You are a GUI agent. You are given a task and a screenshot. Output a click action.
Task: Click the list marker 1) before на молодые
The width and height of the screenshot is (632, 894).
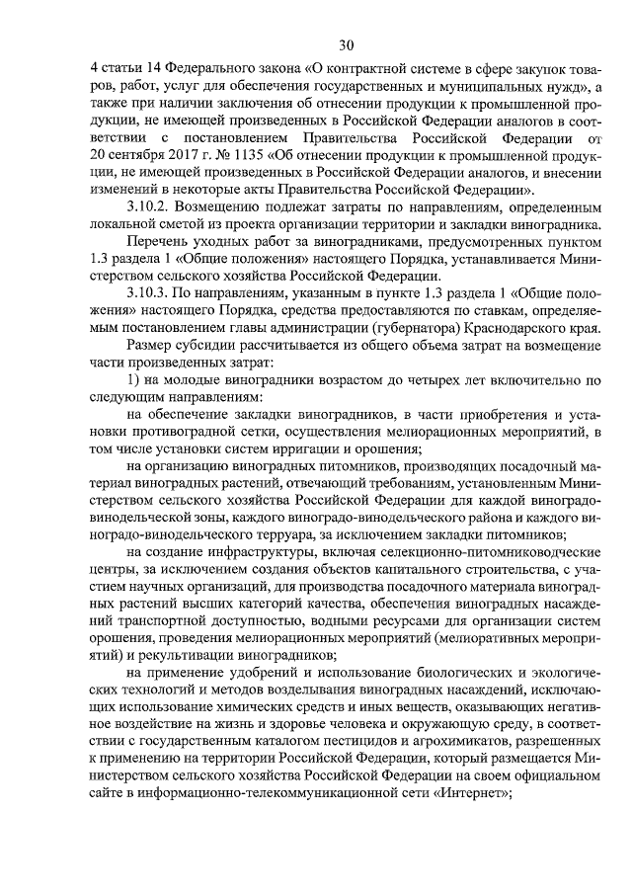pos(133,381)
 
